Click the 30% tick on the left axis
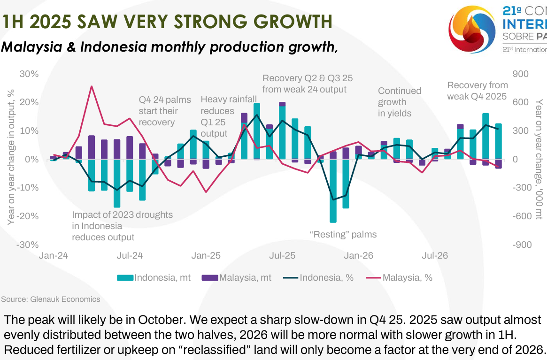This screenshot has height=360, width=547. coord(29,74)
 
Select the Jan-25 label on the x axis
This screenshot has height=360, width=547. coord(206,256)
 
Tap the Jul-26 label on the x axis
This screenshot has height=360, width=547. coord(435,256)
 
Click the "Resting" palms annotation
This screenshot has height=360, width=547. coord(343,234)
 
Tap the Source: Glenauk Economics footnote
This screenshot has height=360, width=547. coord(51,299)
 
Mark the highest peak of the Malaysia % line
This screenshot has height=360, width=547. coord(92,86)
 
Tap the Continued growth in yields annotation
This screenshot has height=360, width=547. coord(399,102)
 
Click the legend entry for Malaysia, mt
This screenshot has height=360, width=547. coord(237,277)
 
